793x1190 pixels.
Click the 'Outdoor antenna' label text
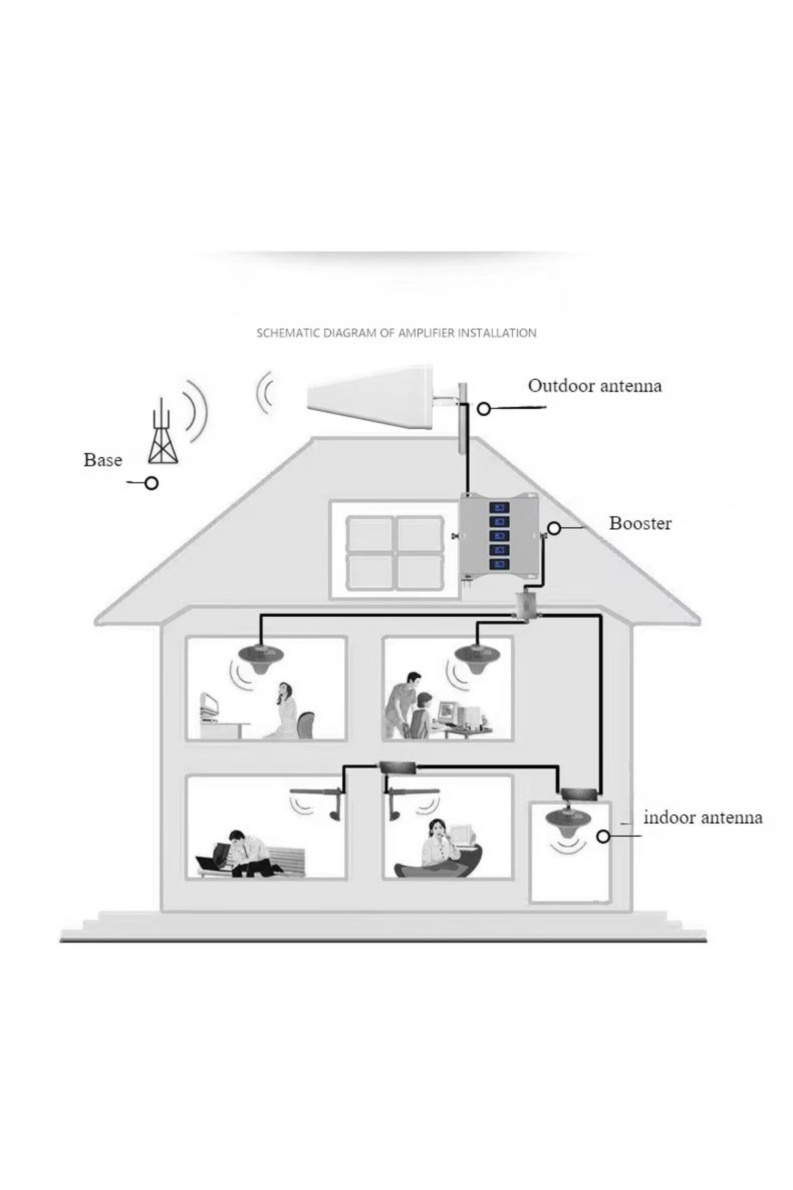594,386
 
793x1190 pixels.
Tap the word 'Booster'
640,524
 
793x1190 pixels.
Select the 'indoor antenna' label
702,818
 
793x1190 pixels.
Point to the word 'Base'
102,460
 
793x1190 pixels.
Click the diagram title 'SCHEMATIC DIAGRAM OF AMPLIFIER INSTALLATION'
397,333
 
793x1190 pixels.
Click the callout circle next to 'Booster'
554,528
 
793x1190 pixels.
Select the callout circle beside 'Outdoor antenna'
484,409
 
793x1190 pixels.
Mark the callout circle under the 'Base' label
151,484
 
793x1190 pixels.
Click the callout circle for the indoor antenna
603,837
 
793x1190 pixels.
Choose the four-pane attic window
395,552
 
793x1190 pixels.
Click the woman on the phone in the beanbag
436,846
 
